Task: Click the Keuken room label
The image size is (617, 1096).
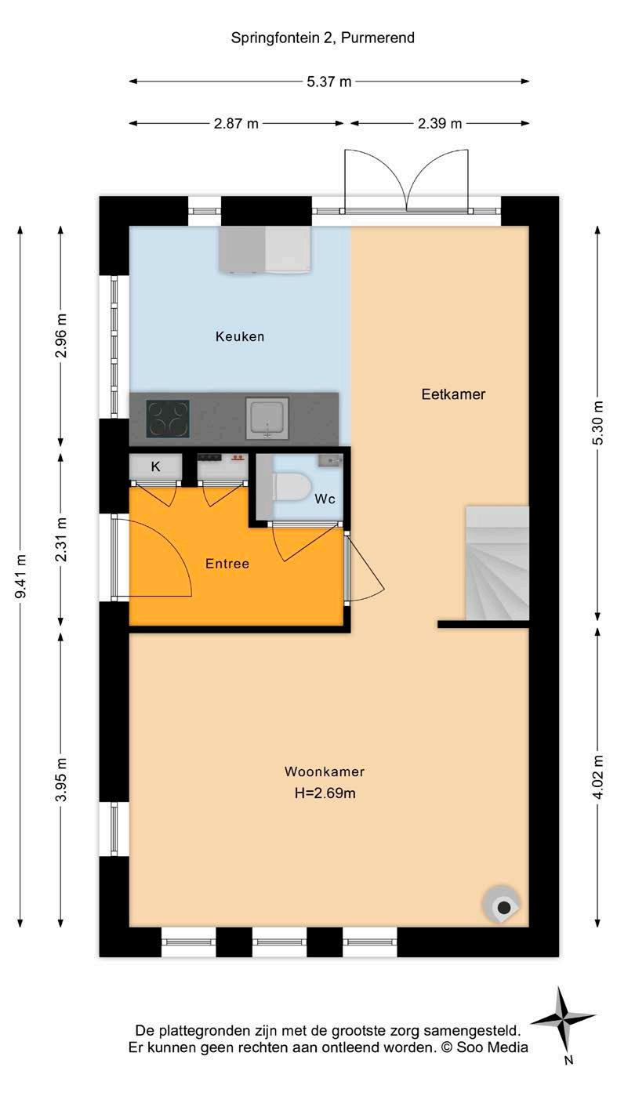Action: tap(240, 336)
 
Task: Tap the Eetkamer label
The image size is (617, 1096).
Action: tap(453, 394)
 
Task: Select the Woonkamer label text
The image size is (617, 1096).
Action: tap(325, 771)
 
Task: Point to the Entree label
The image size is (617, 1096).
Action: tap(227, 564)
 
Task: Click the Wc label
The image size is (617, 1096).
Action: tap(325, 499)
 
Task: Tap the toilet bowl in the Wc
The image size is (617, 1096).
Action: tap(292, 487)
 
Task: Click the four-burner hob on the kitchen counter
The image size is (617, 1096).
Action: tap(168, 419)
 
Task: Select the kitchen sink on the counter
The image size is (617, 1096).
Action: tap(267, 419)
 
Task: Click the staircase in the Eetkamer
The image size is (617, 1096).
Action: tap(497, 563)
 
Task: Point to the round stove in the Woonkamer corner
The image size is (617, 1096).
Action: tap(500, 905)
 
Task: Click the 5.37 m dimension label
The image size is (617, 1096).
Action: tap(328, 82)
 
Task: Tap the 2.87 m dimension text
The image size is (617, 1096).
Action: tap(236, 124)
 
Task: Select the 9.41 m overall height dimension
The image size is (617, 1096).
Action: tap(20, 576)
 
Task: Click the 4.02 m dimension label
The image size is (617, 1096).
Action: tap(597, 776)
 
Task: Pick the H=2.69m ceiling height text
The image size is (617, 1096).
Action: tap(325, 793)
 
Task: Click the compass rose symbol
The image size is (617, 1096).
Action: tap(563, 1021)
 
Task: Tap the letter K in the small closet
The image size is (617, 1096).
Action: tap(155, 466)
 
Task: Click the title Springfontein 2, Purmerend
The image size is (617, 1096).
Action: tap(322, 38)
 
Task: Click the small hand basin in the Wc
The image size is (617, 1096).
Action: tap(330, 460)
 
